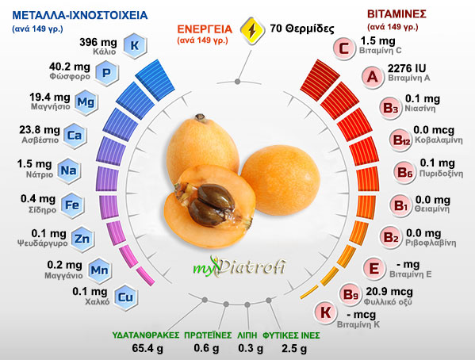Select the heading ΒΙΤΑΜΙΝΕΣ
click(x=401, y=14)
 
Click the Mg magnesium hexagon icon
click(x=86, y=103)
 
